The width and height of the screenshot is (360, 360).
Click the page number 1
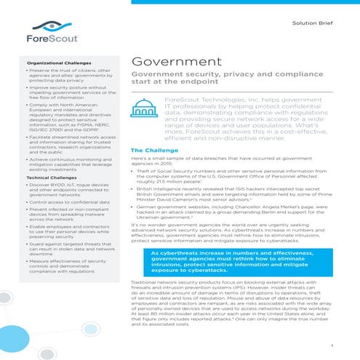[332, 344]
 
